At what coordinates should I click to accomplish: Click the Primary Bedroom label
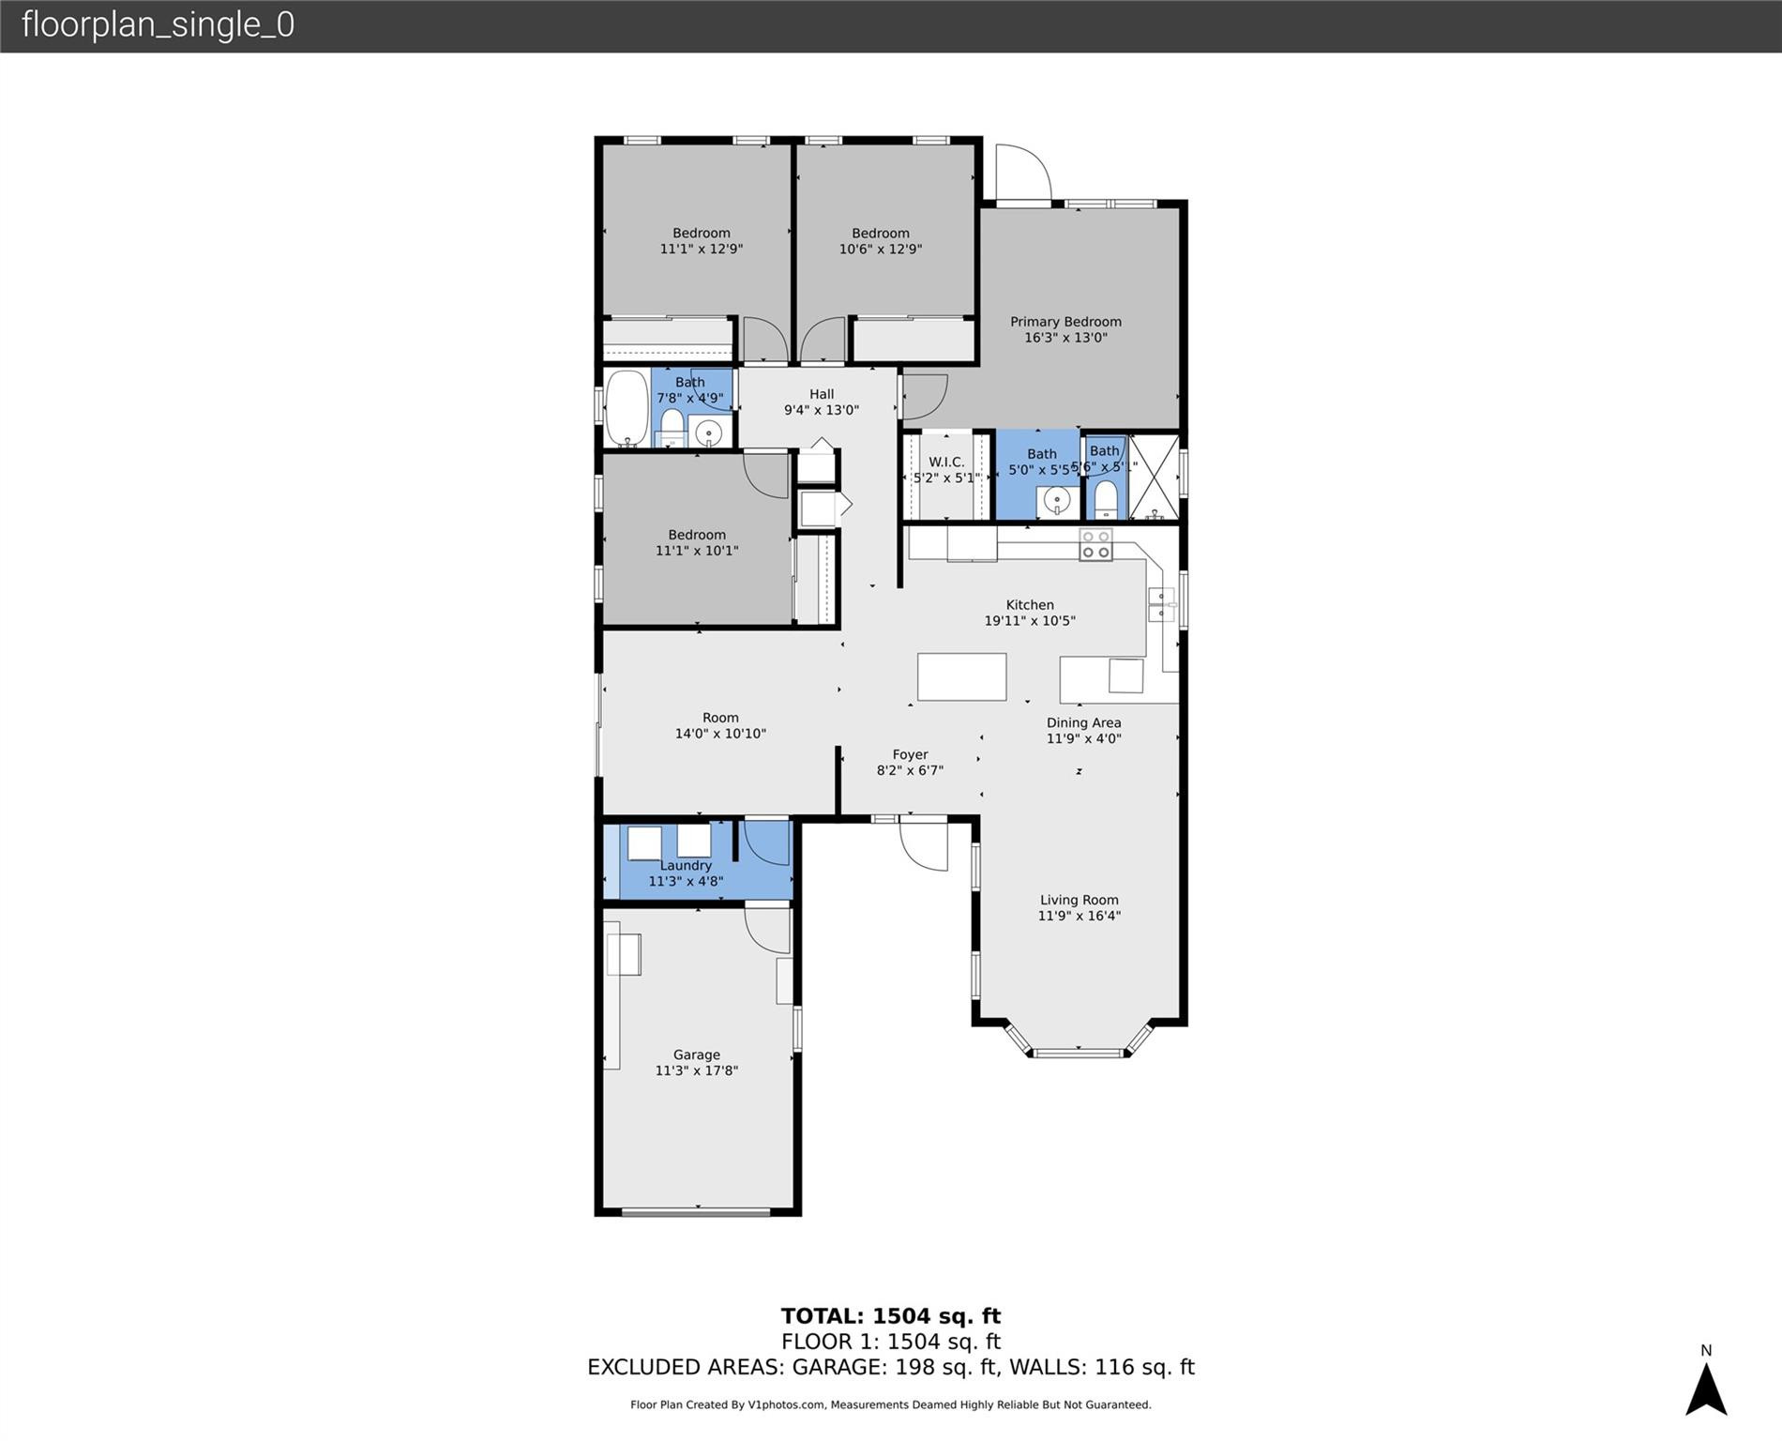point(1065,322)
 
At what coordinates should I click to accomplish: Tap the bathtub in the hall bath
point(626,409)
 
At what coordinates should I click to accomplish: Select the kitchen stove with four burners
point(1095,545)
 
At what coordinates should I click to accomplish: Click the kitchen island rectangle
point(961,676)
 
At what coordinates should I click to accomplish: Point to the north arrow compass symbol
point(1706,1388)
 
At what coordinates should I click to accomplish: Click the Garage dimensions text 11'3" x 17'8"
point(696,1070)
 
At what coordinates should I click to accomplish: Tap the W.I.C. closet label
point(946,462)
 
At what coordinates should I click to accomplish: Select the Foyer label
point(910,754)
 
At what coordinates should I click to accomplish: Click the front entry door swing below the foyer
point(923,844)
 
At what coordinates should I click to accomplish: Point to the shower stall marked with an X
point(1153,477)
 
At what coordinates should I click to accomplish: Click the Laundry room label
point(686,865)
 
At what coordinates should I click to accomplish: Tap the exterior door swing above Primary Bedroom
point(1022,174)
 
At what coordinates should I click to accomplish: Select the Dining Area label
point(1083,722)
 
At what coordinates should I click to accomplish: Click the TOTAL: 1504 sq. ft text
point(890,1316)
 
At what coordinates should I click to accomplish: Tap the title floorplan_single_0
point(158,24)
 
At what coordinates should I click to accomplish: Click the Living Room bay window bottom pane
point(1078,1053)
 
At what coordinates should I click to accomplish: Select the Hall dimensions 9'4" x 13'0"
point(822,410)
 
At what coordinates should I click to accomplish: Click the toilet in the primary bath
point(1107,500)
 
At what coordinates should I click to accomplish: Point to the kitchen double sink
point(1161,604)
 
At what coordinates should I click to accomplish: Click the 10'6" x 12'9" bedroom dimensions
point(880,250)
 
